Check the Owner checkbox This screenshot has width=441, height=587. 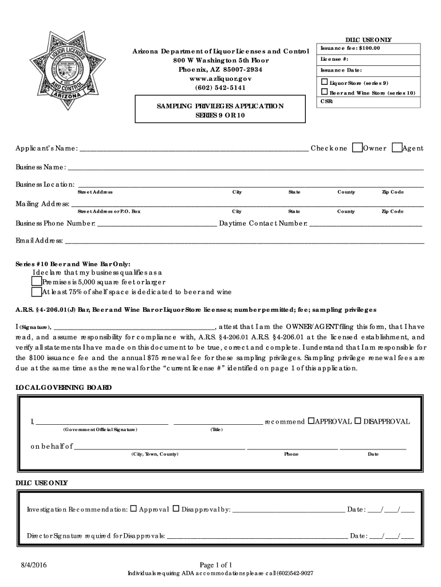click(357, 147)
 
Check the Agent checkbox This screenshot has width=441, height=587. click(396, 147)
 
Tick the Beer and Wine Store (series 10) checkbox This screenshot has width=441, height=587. click(324, 92)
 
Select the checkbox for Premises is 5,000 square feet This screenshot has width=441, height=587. click(37, 281)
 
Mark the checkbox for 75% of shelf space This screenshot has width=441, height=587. click(37, 291)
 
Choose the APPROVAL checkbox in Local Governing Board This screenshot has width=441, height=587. click(311, 421)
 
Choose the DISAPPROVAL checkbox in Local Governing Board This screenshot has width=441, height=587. click(357, 421)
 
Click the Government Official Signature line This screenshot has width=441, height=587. click(101, 423)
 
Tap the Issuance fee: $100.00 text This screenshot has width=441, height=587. click(350, 48)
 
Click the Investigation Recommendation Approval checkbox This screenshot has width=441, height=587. click(133, 508)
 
